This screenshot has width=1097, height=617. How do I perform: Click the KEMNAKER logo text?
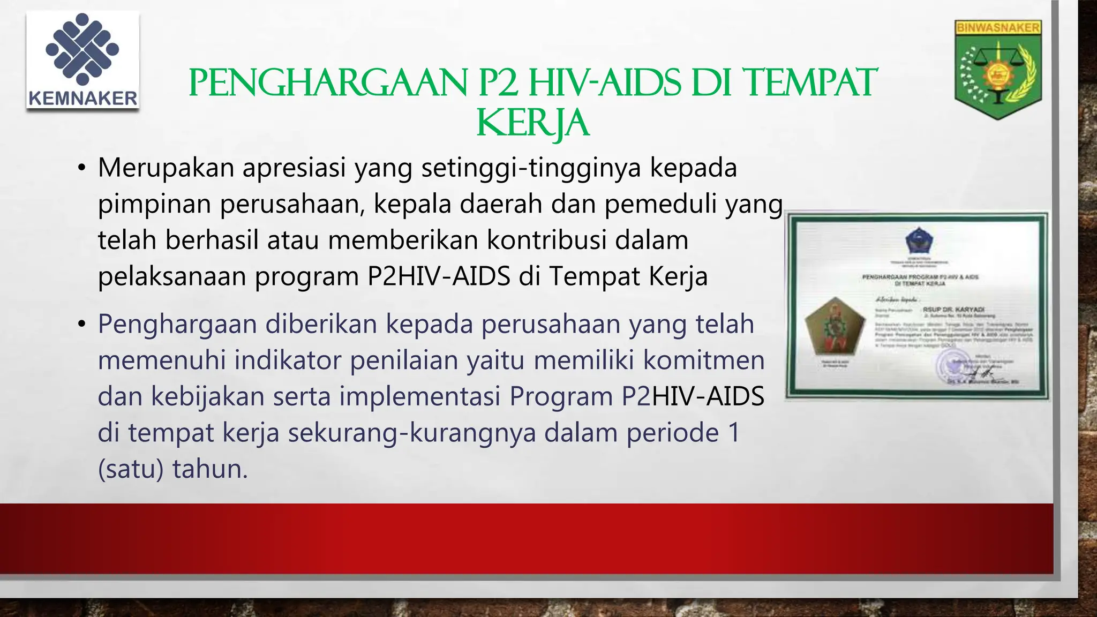tap(82, 98)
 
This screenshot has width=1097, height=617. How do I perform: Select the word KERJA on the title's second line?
tap(532, 124)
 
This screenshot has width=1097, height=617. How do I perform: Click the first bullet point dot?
tap(81, 168)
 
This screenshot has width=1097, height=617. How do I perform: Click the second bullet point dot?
tap(81, 325)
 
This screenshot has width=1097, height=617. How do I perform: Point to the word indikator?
tap(288, 360)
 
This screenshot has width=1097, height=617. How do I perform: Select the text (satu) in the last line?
tap(130, 469)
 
